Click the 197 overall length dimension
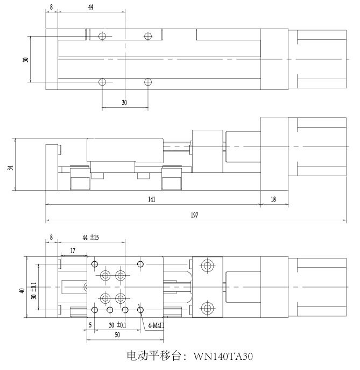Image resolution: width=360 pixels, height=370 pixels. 194,215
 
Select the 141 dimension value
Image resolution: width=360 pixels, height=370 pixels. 152,199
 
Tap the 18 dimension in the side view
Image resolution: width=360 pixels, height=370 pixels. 273,199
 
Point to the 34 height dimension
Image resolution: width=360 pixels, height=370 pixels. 11,168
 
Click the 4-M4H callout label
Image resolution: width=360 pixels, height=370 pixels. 156,326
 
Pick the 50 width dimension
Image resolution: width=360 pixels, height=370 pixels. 117,334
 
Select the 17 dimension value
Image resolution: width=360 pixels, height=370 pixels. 73,250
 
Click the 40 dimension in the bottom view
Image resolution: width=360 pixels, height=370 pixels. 22,290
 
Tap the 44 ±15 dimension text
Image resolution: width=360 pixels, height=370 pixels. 91,238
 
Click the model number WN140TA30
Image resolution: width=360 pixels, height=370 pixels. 223,356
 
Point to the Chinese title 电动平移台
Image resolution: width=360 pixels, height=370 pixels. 154,356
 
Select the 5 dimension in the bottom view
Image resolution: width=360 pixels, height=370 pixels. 90,325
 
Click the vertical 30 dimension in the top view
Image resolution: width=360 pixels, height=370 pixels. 25,60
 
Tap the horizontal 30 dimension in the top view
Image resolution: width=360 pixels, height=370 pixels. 124,102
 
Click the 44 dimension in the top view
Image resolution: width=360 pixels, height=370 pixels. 91,7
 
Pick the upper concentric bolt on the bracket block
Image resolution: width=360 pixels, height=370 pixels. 207,266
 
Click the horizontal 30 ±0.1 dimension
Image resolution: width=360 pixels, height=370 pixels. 117,325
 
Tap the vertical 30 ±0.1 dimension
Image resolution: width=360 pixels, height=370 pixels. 34,291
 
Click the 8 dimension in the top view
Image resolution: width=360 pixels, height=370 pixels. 52,7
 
